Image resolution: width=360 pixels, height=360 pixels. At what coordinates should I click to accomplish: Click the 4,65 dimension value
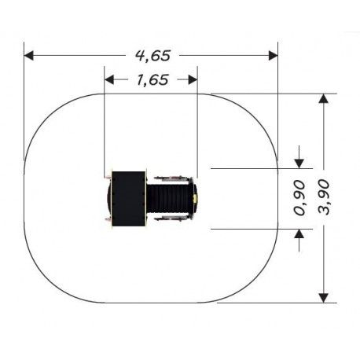(153, 56)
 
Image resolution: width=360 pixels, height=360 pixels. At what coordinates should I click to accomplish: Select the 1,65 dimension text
(152, 80)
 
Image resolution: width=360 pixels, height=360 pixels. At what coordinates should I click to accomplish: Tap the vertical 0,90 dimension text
(299, 198)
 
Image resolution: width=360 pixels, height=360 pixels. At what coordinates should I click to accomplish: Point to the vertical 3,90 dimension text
(324, 197)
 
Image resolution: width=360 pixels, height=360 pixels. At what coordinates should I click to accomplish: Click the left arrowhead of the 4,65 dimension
(29, 56)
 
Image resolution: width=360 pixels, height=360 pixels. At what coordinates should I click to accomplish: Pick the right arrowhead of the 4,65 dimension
(274, 56)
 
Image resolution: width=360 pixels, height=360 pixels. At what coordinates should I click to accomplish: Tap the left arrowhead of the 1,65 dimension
(109, 79)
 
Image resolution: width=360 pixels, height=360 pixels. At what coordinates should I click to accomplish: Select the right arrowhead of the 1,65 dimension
(193, 79)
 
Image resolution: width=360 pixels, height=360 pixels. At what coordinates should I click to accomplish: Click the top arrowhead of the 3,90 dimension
(324, 98)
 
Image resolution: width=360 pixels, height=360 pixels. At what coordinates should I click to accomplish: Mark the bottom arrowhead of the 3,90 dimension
(324, 298)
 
